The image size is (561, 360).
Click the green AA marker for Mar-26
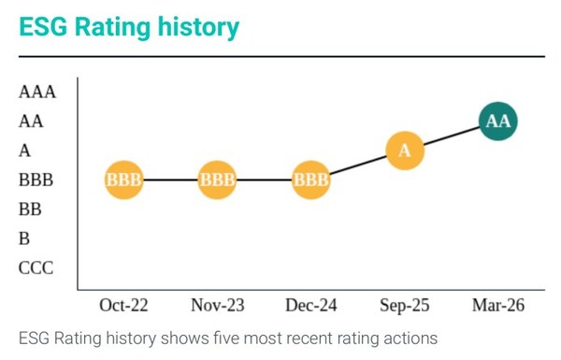(x=498, y=122)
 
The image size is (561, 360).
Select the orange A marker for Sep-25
(x=405, y=151)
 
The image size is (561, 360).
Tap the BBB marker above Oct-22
(x=123, y=180)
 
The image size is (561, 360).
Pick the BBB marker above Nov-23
(x=217, y=180)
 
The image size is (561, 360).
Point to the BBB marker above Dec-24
(x=311, y=180)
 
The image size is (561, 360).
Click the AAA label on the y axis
(x=37, y=92)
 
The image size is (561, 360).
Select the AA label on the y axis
(x=31, y=121)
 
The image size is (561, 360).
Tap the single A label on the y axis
(x=24, y=151)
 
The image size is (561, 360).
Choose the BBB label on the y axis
(x=36, y=180)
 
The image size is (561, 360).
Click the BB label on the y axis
(x=30, y=209)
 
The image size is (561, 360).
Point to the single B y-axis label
(x=24, y=238)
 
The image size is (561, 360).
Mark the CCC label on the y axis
(x=36, y=268)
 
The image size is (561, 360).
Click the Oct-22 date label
(x=123, y=306)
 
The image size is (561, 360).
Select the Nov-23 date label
(x=217, y=306)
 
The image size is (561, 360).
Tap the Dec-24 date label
(x=311, y=306)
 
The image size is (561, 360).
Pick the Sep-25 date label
(x=405, y=306)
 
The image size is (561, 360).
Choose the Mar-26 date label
(x=498, y=306)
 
